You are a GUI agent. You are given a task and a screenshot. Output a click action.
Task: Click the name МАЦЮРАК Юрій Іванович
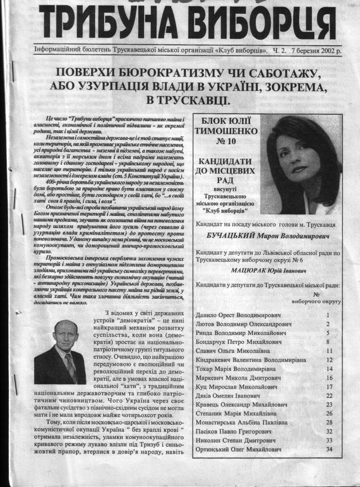[x=268, y=271]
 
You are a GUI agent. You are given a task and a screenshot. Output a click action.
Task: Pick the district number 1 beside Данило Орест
[x=328, y=315]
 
